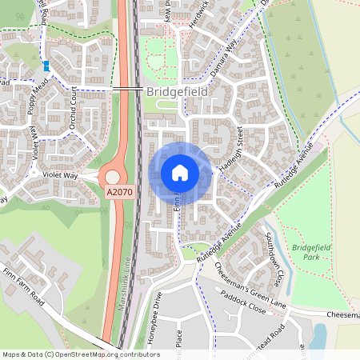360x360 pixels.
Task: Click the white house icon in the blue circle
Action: click(180, 172)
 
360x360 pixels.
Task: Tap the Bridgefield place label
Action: click(178, 93)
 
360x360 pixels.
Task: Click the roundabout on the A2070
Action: click(113, 176)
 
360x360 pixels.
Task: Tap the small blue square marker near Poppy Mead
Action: click(47, 66)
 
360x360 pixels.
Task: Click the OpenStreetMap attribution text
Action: click(80, 354)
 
